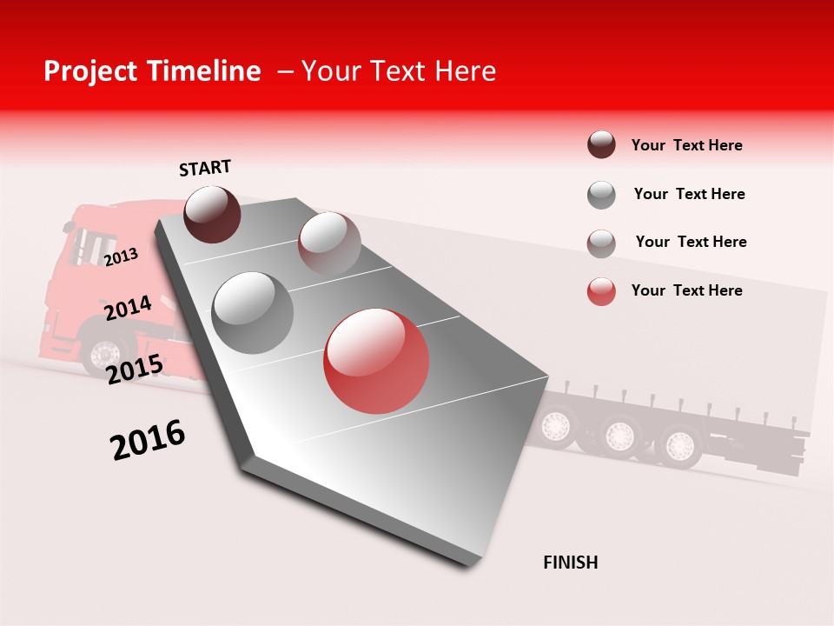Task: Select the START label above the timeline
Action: click(x=205, y=168)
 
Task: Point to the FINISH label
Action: click(x=571, y=563)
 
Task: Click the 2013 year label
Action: click(x=122, y=256)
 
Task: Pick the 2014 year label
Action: click(x=128, y=308)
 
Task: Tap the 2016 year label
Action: click(x=148, y=439)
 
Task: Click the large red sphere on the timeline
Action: click(x=376, y=361)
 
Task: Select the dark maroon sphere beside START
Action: click(x=213, y=214)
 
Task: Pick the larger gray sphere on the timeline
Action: click(x=253, y=312)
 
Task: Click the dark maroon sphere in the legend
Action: click(x=601, y=145)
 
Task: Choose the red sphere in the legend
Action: click(x=601, y=291)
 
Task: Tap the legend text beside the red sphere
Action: click(x=686, y=290)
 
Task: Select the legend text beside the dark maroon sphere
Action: click(x=686, y=145)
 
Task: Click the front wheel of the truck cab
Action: click(x=105, y=355)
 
